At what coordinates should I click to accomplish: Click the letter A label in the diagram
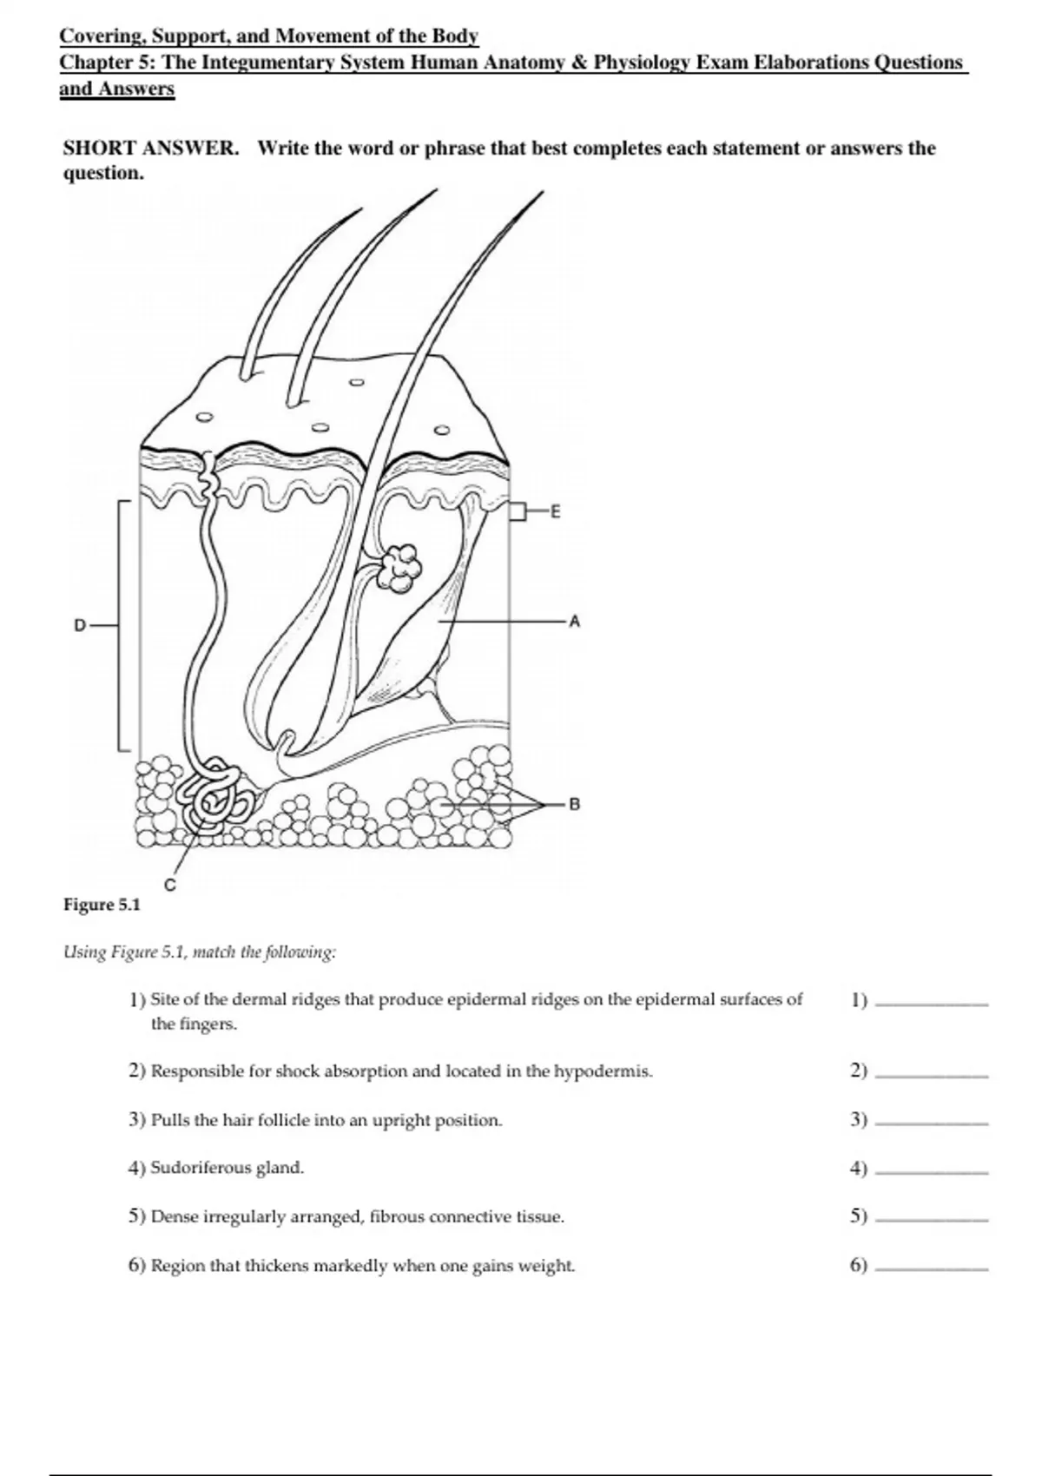click(x=573, y=622)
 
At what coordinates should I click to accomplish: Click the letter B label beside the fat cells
click(x=573, y=804)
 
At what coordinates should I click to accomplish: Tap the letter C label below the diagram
click(x=170, y=886)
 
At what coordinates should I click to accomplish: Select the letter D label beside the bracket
click(x=80, y=625)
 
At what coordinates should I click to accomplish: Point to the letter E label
click(x=556, y=512)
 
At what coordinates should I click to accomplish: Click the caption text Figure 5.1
click(x=102, y=905)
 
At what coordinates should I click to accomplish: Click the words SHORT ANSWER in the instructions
click(x=150, y=148)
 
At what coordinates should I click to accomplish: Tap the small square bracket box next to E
click(x=518, y=512)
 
